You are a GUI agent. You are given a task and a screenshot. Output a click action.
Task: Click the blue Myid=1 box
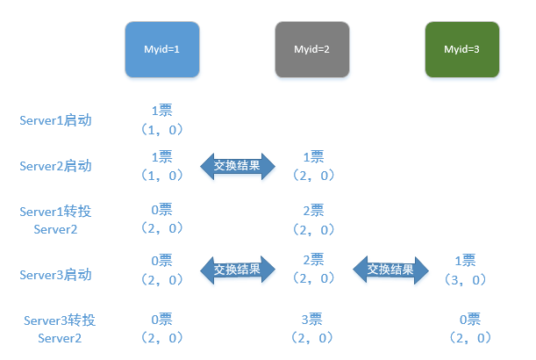(x=162, y=49)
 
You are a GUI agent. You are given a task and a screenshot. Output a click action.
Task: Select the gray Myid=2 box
(x=312, y=49)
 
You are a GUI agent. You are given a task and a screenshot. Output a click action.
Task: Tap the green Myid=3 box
(x=462, y=49)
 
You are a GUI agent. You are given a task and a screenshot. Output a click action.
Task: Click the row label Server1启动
(x=55, y=120)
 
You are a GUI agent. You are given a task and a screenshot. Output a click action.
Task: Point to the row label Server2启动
(x=55, y=166)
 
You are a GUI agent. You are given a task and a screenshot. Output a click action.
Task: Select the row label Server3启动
(x=55, y=275)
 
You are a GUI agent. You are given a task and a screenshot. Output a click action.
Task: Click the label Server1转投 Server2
(x=55, y=220)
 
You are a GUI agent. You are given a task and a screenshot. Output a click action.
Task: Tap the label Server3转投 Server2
(x=60, y=329)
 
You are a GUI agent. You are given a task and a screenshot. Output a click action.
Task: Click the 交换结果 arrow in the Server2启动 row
(x=238, y=166)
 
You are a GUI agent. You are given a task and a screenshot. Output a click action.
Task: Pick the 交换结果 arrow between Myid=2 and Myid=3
(x=390, y=270)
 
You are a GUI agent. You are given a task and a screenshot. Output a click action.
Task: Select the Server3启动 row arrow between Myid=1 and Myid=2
(x=238, y=270)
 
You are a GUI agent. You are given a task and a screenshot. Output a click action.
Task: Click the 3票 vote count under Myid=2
(x=311, y=320)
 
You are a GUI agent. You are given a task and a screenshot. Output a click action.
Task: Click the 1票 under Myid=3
(x=465, y=261)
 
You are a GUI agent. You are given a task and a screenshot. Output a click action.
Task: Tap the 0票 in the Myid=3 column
(x=470, y=320)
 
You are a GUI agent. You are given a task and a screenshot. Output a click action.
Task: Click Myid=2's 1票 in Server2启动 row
(x=313, y=157)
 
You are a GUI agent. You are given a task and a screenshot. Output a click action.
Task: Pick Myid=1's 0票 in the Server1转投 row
(x=161, y=210)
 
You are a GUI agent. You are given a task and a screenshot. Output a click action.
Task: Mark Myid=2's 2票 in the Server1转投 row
(x=313, y=210)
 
